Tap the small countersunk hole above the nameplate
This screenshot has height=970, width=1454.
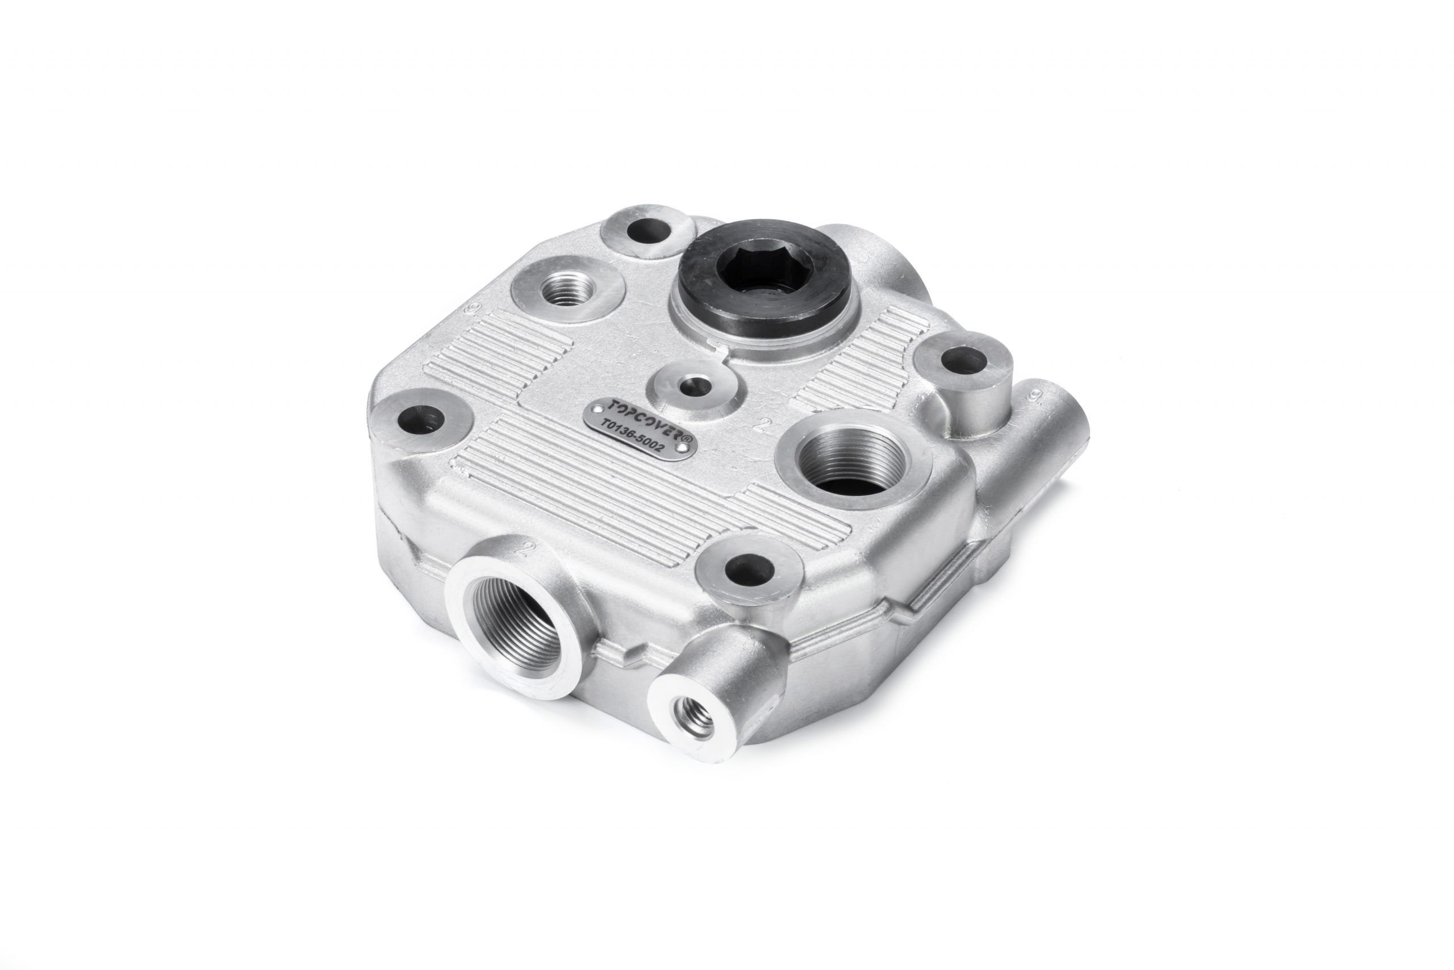point(693,386)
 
